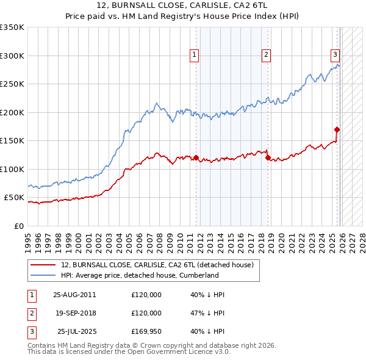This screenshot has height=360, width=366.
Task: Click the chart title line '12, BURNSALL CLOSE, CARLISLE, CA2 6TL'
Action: [182, 5]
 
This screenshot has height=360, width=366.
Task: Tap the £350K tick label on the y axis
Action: [12, 27]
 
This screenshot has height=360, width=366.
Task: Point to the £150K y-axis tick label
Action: [12, 141]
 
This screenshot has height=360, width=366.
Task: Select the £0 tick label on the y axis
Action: [18, 226]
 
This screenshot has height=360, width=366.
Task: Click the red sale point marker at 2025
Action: [337, 129]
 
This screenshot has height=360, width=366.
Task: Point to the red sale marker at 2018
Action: [268, 157]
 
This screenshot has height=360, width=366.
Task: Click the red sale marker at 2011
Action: [196, 157]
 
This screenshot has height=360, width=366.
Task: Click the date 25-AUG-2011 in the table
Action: [74, 295]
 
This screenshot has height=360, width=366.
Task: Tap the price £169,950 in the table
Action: [146, 331]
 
